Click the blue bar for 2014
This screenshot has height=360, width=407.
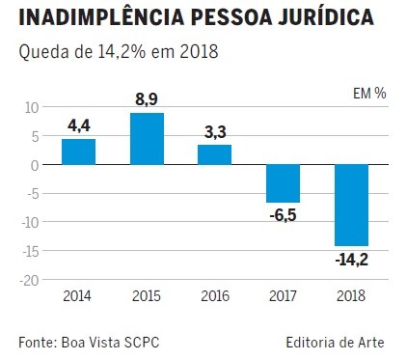(78, 152)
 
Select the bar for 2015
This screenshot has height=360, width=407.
(147, 139)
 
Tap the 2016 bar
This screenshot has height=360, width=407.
(214, 154)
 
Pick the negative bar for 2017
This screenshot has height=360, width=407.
(283, 183)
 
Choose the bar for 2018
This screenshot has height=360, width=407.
(351, 205)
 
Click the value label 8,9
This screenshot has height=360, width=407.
(147, 99)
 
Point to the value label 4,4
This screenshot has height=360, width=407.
(78, 125)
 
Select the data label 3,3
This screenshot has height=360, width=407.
(214, 131)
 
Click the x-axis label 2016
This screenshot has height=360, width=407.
(214, 295)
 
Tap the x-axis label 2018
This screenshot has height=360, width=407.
(351, 295)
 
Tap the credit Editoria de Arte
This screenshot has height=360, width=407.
(336, 341)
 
